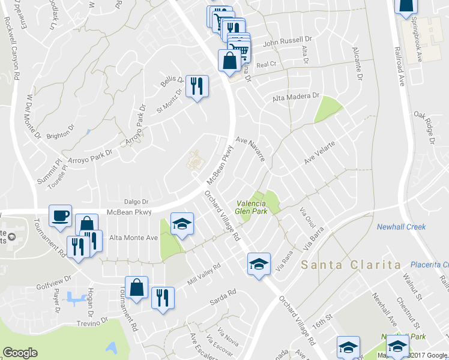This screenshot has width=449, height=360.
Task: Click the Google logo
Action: tap(20, 353)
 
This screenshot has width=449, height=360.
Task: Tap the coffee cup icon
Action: tap(61, 216)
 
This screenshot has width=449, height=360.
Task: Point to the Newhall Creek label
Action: tap(401, 227)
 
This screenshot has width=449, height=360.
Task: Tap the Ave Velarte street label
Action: tap(319, 154)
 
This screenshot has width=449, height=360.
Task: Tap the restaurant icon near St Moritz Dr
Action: tap(196, 86)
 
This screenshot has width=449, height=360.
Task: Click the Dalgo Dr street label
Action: tap(136, 202)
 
